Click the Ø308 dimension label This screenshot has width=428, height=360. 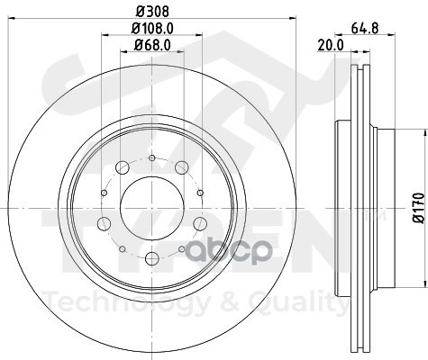tap(152, 11)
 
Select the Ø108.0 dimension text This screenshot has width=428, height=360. tap(152, 29)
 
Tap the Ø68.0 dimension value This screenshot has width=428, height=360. tap(152, 45)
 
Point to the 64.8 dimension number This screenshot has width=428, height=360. tap(364, 29)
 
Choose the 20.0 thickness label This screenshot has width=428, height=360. tap(331, 45)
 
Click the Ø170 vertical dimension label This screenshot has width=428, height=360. tap(418, 208)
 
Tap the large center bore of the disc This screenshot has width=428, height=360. tap(152, 207)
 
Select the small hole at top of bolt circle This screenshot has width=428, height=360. tap(152, 158)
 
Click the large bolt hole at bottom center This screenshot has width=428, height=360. tap(152, 259)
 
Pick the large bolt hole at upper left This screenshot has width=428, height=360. tap(123, 167)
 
